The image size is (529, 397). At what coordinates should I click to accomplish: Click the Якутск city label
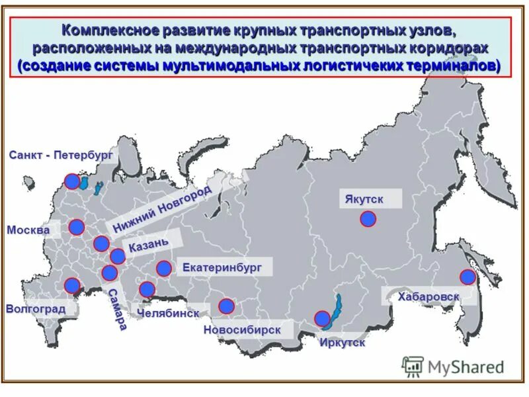[363, 199]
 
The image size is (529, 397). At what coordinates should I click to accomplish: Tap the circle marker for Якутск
[368, 219]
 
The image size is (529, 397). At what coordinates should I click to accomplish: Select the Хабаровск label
[428, 296]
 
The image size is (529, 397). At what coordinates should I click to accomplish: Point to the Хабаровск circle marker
[468, 277]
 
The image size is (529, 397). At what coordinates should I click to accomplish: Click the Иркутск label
[342, 343]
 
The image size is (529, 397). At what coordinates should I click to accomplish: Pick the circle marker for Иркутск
[322, 318]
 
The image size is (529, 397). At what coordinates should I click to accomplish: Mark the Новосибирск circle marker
[226, 306]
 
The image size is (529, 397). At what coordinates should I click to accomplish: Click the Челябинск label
[168, 312]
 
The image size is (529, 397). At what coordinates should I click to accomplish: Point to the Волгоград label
[36, 309]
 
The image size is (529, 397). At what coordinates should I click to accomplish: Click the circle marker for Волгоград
[72, 286]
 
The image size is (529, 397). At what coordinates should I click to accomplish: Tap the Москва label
[28, 230]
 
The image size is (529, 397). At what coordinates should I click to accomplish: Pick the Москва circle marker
[77, 228]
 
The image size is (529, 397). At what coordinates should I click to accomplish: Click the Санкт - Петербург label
[61, 155]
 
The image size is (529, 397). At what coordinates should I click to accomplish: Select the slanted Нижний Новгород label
[162, 210]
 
